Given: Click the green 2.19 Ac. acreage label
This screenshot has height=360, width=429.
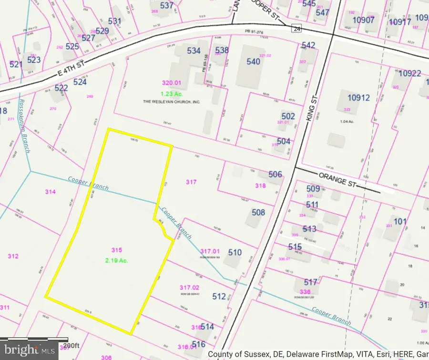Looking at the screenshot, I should (x=117, y=260).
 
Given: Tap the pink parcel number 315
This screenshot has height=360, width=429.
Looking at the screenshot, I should (x=117, y=250).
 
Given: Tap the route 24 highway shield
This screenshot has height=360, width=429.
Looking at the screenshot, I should (x=297, y=29).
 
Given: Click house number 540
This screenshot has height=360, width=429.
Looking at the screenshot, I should (x=253, y=62).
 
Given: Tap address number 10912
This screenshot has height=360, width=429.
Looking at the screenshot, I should (x=358, y=98).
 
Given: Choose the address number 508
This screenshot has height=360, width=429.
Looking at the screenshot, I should (x=258, y=213).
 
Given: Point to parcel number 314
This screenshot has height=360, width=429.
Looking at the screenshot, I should (x=50, y=192).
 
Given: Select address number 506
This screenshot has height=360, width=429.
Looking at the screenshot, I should (x=275, y=175).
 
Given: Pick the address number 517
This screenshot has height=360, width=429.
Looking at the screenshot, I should (x=310, y=282).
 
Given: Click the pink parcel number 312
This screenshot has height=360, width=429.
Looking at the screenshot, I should (x=13, y=256).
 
